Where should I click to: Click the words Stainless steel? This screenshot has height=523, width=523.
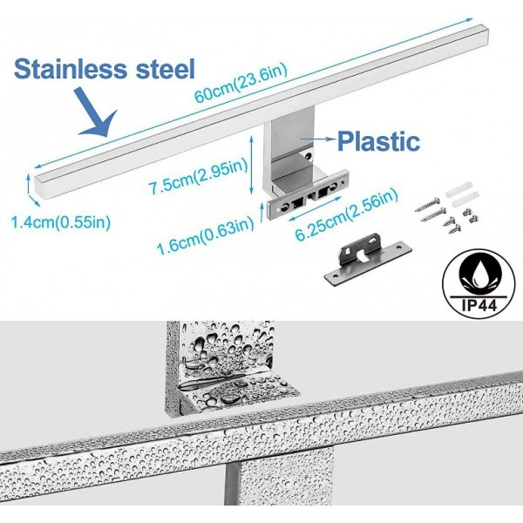(x=105, y=68)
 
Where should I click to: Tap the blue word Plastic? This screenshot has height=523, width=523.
(x=378, y=140)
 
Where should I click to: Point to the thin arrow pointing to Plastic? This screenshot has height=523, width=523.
(x=317, y=138)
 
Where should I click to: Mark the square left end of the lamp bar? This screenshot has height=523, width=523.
(x=40, y=183)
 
